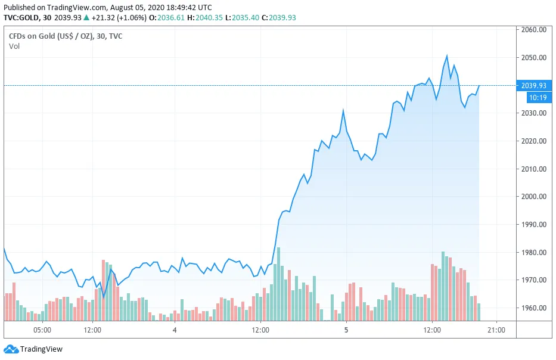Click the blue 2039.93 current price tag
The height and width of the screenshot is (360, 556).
pyautogui.click(x=533, y=86)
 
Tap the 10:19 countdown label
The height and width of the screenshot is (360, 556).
pyautogui.click(x=533, y=97)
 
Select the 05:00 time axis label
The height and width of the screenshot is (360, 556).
pyautogui.click(x=42, y=330)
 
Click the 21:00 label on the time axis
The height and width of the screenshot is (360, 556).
pyautogui.click(x=496, y=330)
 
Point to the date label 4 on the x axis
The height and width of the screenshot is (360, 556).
pyautogui.click(x=175, y=330)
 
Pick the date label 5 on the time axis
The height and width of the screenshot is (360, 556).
pyautogui.click(x=346, y=330)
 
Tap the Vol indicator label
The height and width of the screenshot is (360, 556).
pyautogui.click(x=14, y=46)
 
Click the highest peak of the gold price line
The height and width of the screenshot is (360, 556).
pyautogui.click(x=447, y=56)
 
